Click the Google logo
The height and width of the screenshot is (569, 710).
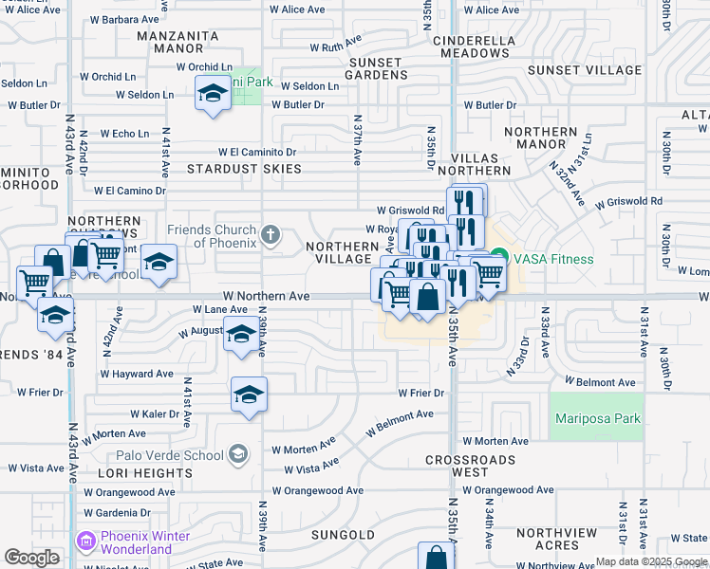(32, 558)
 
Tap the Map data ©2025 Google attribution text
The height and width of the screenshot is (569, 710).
(651, 561)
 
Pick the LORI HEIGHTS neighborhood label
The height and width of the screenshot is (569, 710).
(150, 473)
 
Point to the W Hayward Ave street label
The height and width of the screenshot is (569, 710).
(138, 375)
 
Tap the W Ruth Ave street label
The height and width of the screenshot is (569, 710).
(337, 46)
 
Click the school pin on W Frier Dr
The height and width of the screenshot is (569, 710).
(250, 394)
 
